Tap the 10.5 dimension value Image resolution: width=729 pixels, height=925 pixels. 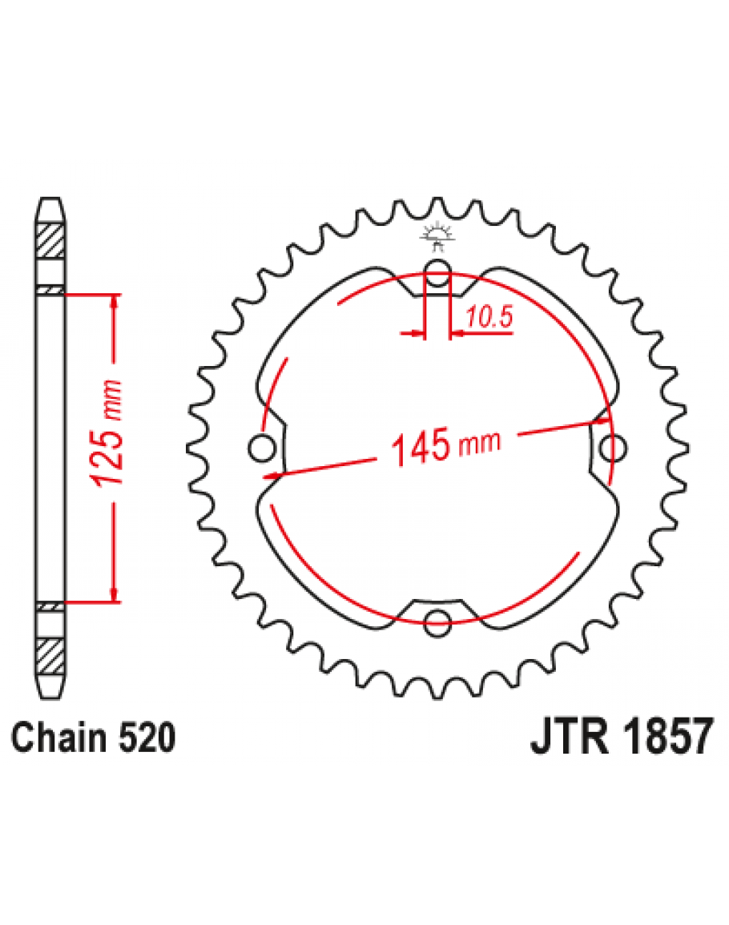488,318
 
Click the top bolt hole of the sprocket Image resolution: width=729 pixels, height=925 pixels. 437,275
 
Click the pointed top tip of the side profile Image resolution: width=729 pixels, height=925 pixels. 50,200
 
